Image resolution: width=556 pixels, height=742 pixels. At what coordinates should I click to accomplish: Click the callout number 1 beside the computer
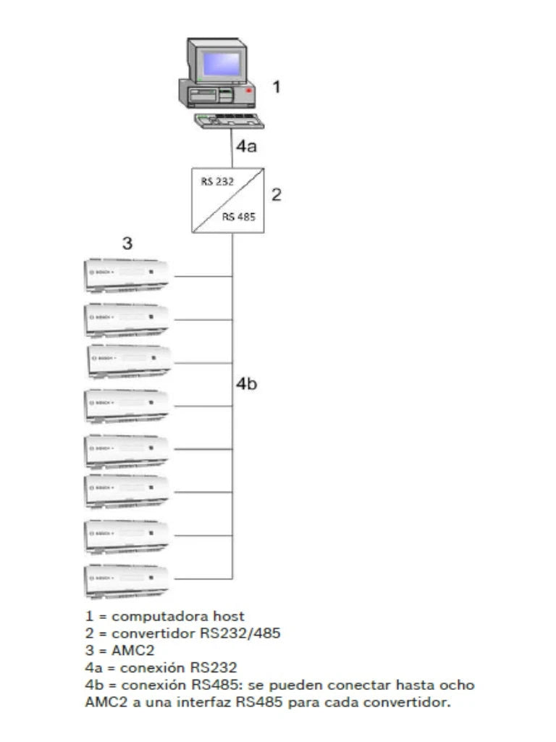coord(276,88)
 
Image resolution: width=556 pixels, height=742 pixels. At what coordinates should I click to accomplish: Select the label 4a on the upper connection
coord(246,146)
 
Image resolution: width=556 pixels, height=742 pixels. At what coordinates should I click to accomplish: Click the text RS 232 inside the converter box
coord(217,181)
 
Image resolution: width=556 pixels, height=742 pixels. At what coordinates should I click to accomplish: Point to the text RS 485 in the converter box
coord(238,216)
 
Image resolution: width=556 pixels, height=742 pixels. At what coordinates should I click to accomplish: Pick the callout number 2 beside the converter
coord(276,195)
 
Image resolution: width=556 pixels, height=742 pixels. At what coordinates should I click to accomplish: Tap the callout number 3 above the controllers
coord(127,244)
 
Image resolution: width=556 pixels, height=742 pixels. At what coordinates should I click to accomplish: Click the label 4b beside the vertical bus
coord(246,385)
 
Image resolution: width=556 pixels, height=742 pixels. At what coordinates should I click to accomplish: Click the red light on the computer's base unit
coord(248,91)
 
